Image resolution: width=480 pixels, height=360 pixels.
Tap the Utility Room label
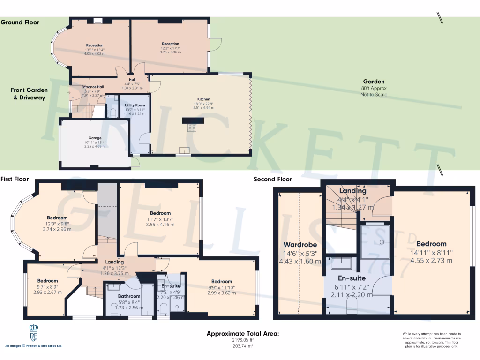point(135,105)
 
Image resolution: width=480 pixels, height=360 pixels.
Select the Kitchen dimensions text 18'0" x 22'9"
point(203,104)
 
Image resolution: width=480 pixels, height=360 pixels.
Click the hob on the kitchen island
point(192,127)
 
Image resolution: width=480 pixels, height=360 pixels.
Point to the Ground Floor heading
point(20,22)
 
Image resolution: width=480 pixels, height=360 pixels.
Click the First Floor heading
point(15,179)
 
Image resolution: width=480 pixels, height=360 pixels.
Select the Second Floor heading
point(273,179)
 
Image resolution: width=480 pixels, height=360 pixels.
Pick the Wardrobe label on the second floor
point(300,245)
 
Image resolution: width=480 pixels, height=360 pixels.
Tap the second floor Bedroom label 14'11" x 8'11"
point(431,244)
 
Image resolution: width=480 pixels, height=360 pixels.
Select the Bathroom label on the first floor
point(129,296)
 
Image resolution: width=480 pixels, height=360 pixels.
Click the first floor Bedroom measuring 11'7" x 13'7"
point(160,213)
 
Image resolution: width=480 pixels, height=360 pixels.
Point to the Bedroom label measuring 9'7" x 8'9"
point(48,281)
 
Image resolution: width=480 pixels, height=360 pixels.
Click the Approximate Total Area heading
point(243,334)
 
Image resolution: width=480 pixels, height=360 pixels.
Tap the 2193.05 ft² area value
point(243,341)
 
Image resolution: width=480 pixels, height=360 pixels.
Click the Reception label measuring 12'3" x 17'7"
point(170,44)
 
